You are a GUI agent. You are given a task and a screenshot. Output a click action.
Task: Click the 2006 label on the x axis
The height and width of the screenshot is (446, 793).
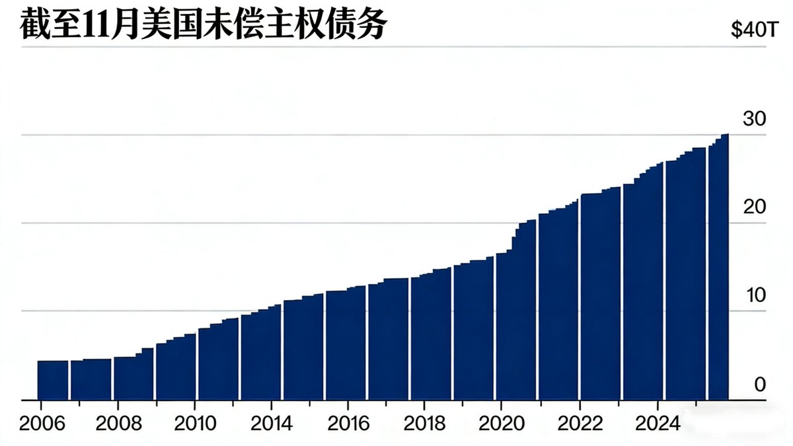tap(43, 424)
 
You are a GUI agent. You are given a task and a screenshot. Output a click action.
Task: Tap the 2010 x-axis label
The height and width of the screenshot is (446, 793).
tap(196, 424)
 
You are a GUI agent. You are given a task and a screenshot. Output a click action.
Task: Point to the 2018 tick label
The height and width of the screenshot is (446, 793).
tap(425, 424)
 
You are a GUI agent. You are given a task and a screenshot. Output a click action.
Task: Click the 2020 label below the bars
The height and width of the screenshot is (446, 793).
tap(501, 424)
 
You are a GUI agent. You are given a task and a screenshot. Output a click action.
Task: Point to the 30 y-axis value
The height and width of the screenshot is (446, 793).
tap(754, 120)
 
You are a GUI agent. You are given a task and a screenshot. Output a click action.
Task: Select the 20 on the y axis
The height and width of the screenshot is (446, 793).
tap(754, 207)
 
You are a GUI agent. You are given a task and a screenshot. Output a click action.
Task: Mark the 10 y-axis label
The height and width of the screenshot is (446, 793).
tap(754, 295)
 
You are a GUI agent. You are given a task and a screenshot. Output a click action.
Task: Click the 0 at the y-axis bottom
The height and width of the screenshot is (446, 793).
tap(760, 384)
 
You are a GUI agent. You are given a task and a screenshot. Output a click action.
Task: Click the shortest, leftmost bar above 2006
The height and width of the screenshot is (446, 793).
tap(53, 380)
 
